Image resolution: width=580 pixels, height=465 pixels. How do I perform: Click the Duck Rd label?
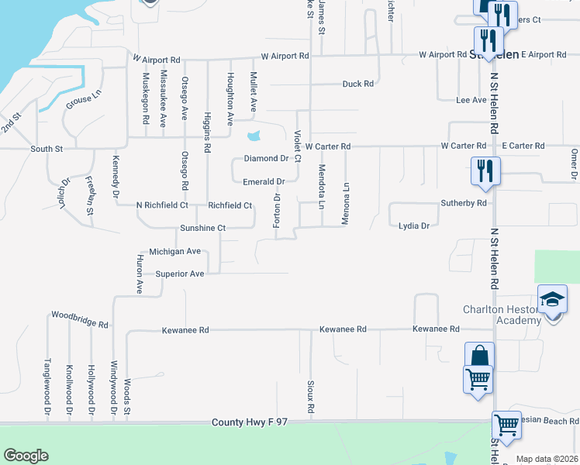pyautogui.click(x=358, y=84)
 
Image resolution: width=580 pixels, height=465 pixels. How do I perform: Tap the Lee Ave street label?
pyautogui.click(x=471, y=100)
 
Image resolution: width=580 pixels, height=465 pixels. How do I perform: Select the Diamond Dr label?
pyautogui.click(x=266, y=158)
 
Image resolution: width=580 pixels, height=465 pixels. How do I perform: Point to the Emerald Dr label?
pyautogui.click(x=264, y=181)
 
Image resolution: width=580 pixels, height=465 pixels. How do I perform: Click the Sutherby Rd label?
pyautogui.click(x=464, y=203)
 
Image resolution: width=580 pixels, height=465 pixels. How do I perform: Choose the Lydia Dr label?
pyautogui.click(x=413, y=226)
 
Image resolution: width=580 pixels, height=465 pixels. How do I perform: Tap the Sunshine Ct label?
pyautogui.click(x=202, y=229)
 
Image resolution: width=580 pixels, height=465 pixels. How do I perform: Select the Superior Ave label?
pyautogui.click(x=179, y=274)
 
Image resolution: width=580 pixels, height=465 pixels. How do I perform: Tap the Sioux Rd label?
pyautogui.click(x=311, y=396)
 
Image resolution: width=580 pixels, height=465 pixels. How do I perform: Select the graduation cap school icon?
pyautogui.click(x=552, y=299)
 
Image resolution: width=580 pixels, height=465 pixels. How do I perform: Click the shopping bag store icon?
pyautogui.click(x=479, y=356)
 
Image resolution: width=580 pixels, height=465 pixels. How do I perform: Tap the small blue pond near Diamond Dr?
pyautogui.click(x=254, y=137)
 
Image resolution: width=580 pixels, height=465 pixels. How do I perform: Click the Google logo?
pyautogui.click(x=26, y=456)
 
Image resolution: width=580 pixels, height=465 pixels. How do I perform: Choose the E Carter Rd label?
pyautogui.click(x=523, y=146)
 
